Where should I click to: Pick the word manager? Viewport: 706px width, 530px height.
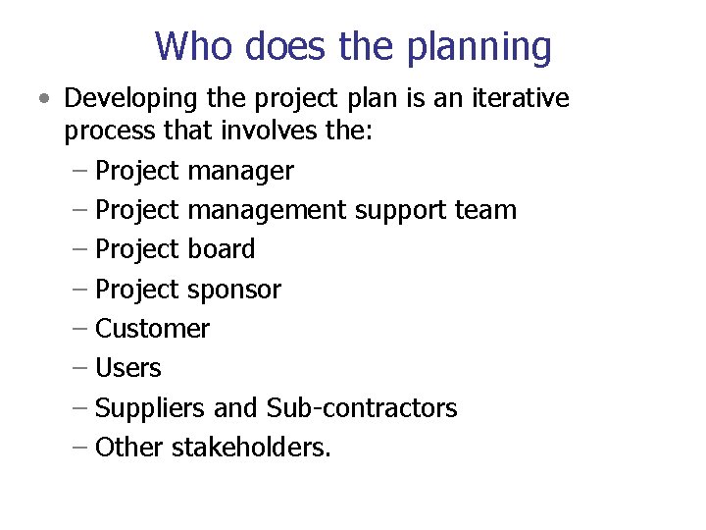(x=240, y=172)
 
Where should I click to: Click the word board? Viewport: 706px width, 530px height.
(x=221, y=249)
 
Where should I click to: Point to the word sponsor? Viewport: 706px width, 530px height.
(x=233, y=291)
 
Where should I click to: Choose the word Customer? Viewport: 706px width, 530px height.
(x=152, y=329)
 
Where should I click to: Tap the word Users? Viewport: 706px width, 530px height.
(x=128, y=368)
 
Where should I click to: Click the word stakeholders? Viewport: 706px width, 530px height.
(x=251, y=448)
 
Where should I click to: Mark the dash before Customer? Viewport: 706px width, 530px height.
(x=80, y=329)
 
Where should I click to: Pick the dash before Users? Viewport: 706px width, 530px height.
(x=80, y=368)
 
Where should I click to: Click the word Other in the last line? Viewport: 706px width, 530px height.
(x=129, y=448)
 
